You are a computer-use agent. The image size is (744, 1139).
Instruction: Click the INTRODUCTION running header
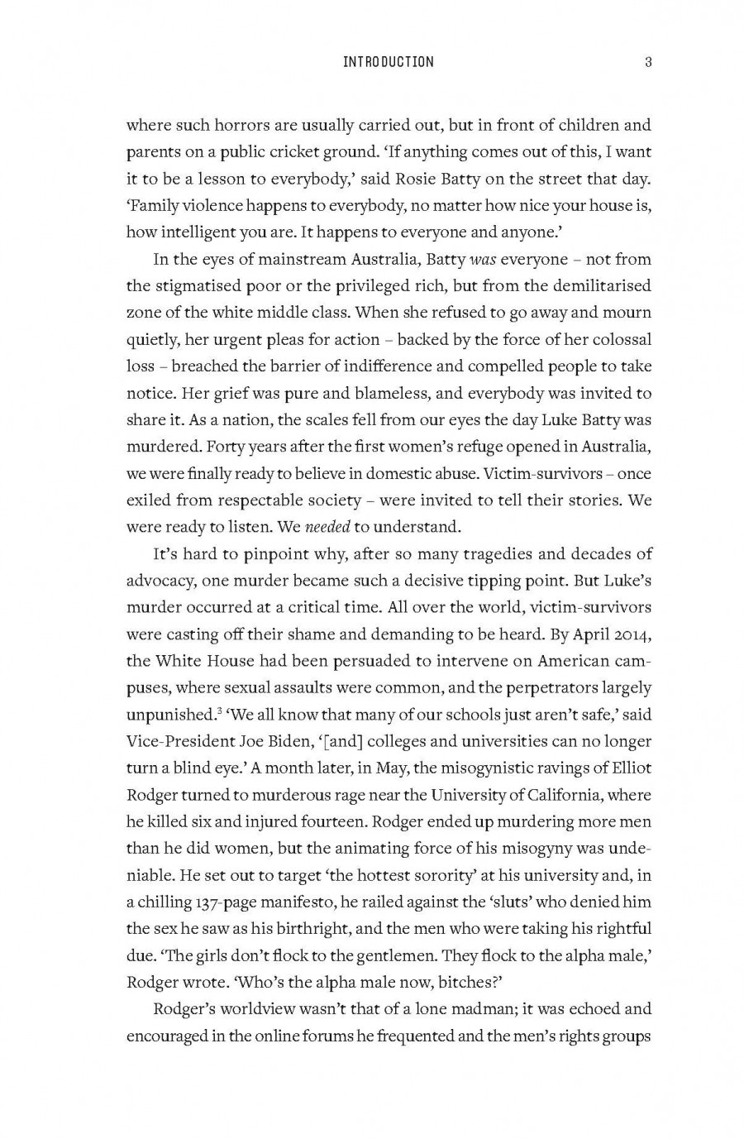click(x=387, y=62)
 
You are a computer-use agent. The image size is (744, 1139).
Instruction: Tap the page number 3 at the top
click(x=648, y=62)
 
